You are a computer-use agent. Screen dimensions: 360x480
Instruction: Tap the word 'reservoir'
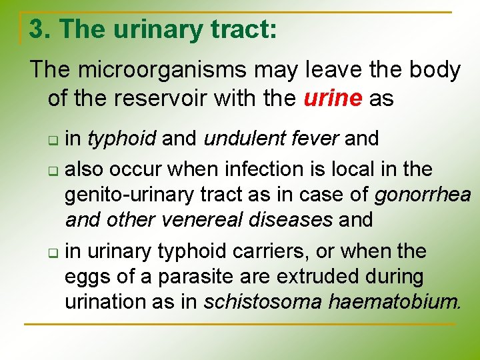[x=178, y=99]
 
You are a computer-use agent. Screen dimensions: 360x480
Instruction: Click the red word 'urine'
[x=333, y=99]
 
